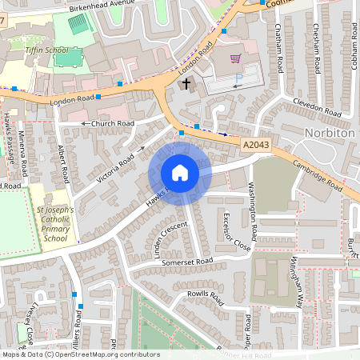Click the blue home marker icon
180,173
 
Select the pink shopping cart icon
235,58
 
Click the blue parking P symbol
238,78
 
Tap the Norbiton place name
329,131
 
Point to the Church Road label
112,124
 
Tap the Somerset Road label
186,262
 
